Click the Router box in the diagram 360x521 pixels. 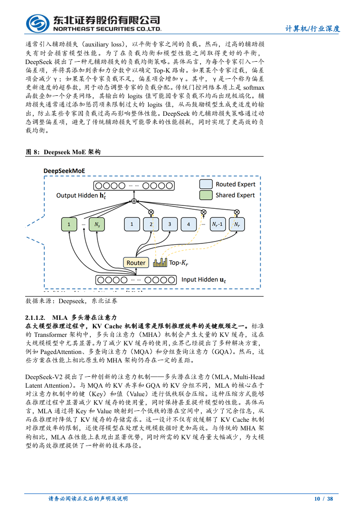pyautogui.click(x=136, y=262)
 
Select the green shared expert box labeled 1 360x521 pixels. pyautogui.click(x=69, y=224)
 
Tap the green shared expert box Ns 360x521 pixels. pyautogui.click(x=97, y=224)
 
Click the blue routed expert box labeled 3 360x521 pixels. pyautogui.click(x=170, y=224)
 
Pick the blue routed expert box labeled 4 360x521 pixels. pyautogui.click(x=189, y=224)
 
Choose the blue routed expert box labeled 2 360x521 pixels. pyautogui.click(x=151, y=224)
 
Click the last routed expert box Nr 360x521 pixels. pyautogui.click(x=237, y=224)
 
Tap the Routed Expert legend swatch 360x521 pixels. pyautogui.click(x=206, y=184)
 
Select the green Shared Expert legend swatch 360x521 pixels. pyautogui.click(x=206, y=195)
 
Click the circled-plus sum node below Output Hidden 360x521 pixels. pyautogui.click(x=134, y=201)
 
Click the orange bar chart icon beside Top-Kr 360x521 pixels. pyautogui.click(x=160, y=262)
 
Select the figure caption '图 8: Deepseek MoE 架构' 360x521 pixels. pyautogui.click(x=63, y=152)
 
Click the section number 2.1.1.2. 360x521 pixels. pyautogui.click(x=35, y=317)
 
